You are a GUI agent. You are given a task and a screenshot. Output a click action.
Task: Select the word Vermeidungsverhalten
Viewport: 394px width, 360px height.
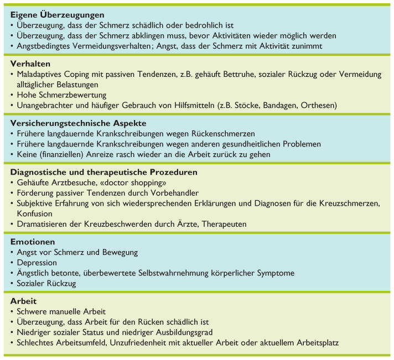coord(110,46)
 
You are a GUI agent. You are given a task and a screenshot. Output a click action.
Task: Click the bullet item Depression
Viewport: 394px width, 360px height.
coord(37,263)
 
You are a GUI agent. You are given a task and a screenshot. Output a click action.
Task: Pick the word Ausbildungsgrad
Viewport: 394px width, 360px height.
coord(188,332)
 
